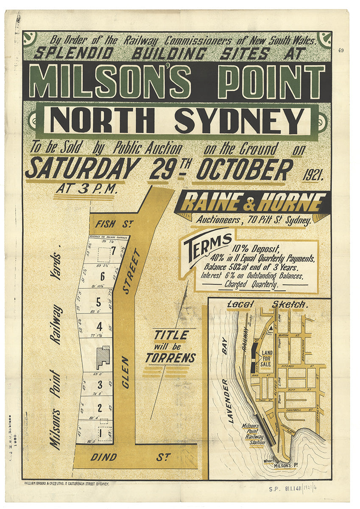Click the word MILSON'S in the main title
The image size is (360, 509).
pos(109,81)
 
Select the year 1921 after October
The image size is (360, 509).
pos(313,174)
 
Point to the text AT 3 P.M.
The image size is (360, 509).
pos(87,189)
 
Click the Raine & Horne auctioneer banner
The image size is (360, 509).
pos(253,202)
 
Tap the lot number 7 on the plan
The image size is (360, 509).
pos(113,251)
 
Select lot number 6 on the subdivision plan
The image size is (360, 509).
pos(102,277)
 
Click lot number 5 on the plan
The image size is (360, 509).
pos(98,302)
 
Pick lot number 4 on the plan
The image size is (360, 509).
pos(100,327)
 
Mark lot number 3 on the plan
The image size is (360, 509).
pos(100,385)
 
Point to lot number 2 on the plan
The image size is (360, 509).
pos(100,408)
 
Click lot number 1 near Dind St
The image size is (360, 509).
pos(100,433)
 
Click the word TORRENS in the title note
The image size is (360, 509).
pos(170,358)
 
